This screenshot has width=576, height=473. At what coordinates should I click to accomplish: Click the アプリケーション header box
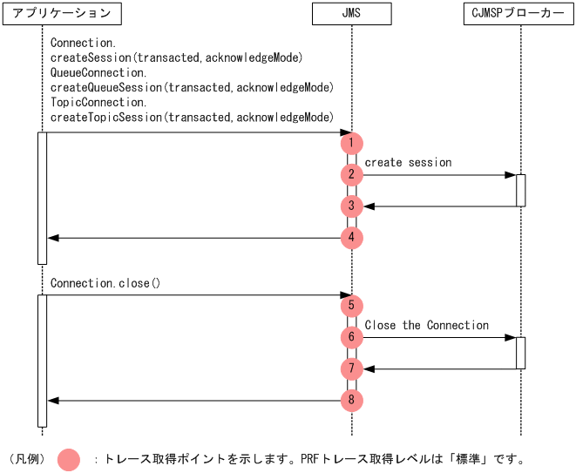point(62,14)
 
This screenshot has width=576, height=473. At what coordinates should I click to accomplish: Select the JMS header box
point(351,14)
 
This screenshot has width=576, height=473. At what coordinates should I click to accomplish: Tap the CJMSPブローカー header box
point(520,14)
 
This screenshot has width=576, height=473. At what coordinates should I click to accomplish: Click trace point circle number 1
point(351,143)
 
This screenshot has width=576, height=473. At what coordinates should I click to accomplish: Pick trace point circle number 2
point(351,174)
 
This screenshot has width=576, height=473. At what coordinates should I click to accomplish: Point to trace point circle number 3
point(351,206)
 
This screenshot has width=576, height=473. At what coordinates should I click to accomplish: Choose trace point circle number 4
point(351,237)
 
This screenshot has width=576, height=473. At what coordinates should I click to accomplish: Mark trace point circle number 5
point(351,306)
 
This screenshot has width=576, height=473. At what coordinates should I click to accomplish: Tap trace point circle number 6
point(351,337)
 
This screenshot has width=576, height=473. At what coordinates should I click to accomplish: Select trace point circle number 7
point(351,368)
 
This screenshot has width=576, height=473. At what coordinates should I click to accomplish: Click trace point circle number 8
point(351,401)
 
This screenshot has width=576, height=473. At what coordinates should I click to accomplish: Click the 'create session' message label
point(408,163)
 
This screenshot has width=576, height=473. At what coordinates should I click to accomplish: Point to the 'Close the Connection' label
point(426,326)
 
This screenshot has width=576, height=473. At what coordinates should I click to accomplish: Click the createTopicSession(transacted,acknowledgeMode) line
point(192,118)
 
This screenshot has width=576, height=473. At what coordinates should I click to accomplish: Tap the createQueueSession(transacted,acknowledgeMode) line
point(192,88)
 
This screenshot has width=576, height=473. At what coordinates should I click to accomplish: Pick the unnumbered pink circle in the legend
point(69,458)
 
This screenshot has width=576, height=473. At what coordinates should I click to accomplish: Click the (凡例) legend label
point(26,459)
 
